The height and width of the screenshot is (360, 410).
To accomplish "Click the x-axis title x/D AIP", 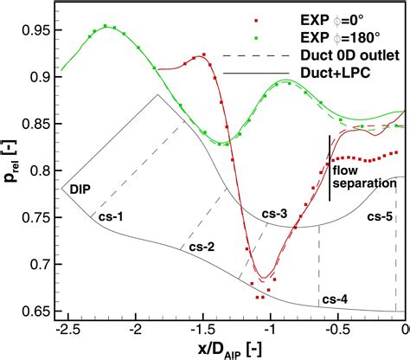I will [228, 349].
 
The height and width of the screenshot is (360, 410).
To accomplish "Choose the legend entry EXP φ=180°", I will [350, 35].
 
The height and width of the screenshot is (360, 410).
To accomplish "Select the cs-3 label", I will [276, 213].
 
